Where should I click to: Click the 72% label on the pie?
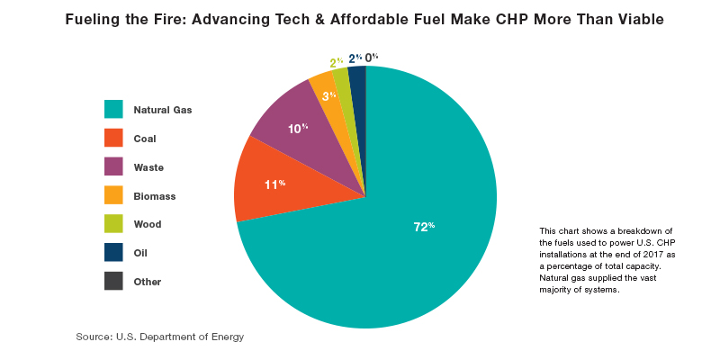click(424, 227)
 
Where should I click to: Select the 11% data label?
click(274, 184)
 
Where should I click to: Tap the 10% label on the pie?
click(298, 129)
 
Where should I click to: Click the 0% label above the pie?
click(371, 58)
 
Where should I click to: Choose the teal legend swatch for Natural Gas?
click(113, 109)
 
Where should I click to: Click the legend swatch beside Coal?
click(113, 138)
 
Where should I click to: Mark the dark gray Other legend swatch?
click(113, 281)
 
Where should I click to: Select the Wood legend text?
click(148, 224)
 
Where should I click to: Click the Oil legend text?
click(140, 253)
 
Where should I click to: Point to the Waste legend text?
click(148, 166)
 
